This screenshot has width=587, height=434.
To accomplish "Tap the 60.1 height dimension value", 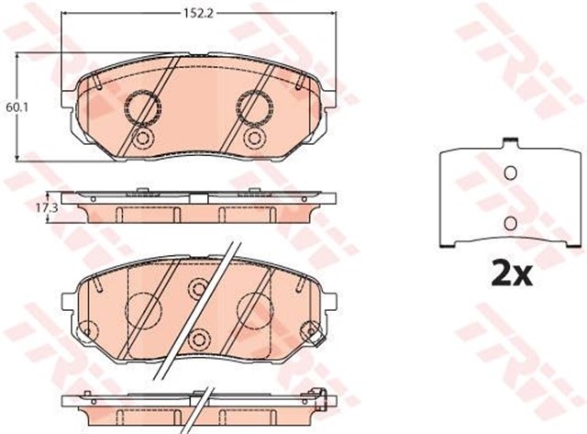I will (14, 107).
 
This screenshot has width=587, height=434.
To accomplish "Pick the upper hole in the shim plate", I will (511, 172).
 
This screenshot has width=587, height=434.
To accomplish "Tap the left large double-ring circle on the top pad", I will (142, 107).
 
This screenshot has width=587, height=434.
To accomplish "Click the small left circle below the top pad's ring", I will (142, 139).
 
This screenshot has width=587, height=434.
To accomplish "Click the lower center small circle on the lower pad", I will (198, 339).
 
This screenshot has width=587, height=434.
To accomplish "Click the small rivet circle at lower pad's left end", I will (87, 328).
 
